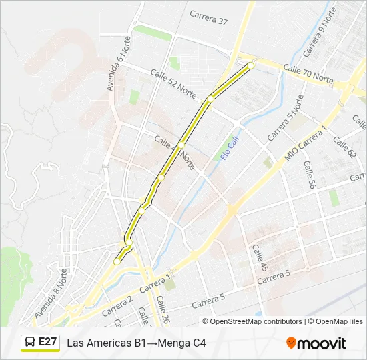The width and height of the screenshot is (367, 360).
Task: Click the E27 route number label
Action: [x=47, y=342]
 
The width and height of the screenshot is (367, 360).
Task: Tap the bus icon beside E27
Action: [x=30, y=343]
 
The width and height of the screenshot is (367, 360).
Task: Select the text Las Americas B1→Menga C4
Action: [x=136, y=343]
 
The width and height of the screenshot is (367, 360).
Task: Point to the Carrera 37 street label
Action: [x=208, y=17]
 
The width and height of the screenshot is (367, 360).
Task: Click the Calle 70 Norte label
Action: [x=308, y=73]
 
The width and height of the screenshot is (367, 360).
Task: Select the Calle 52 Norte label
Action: [x=174, y=83]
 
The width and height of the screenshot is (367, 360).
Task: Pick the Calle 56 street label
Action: [x=308, y=175]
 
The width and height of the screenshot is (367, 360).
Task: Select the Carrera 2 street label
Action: [x=118, y=306]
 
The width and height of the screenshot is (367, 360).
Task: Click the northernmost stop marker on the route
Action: [x=251, y=65]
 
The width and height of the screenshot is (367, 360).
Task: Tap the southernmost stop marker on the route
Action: [x=117, y=263]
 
